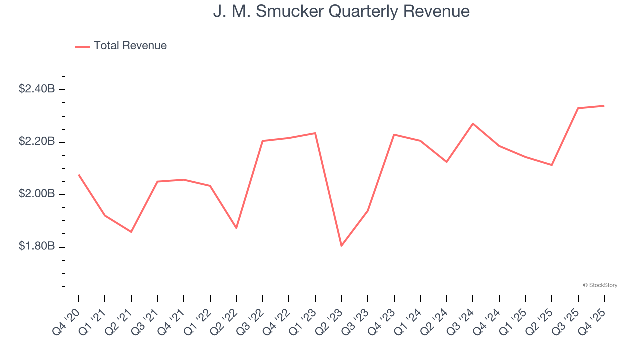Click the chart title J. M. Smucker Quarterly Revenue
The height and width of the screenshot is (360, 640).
(341, 11)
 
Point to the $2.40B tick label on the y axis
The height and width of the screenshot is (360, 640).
(37, 89)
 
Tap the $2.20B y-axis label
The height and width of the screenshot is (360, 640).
(37, 142)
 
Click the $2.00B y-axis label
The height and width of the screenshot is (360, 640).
(37, 194)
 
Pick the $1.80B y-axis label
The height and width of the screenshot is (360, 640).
(37, 247)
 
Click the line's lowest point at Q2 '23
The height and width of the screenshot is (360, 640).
(341, 246)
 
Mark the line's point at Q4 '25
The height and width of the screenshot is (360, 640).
(604, 105)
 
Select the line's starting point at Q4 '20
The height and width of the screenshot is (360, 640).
(79, 175)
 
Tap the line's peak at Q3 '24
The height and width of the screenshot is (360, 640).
(473, 123)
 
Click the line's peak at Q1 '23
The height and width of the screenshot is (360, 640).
(315, 133)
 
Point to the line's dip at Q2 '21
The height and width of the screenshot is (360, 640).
(131, 232)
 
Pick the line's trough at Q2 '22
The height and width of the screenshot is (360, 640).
(236, 228)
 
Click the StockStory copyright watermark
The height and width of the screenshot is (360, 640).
(600, 285)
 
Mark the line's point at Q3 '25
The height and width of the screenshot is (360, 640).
(578, 108)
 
